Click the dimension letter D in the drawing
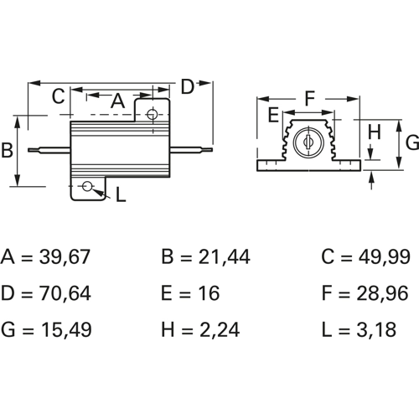tap(188, 86)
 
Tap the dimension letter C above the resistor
tap(59, 96)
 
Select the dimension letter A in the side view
tap(118, 101)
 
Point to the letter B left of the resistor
tap(7, 150)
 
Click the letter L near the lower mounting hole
tap(121, 194)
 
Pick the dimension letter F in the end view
tap(310, 98)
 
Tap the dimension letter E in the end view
tap(273, 115)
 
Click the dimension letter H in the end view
tap(375, 132)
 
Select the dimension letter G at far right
tap(412, 142)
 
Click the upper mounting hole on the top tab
tap(152, 114)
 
